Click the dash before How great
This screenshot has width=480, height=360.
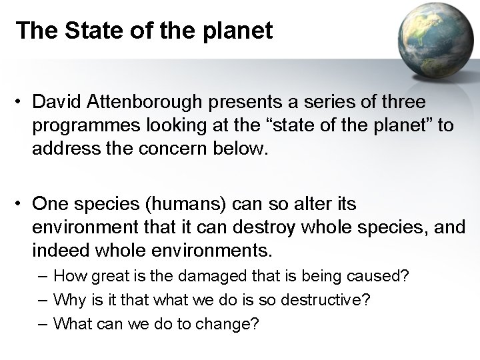[x=43, y=275]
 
